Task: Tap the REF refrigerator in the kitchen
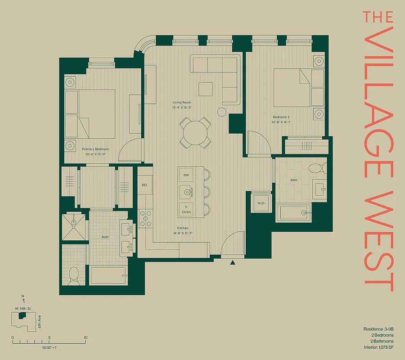(144, 185)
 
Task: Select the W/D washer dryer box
(261, 203)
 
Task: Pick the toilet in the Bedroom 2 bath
(317, 168)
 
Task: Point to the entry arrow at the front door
(233, 262)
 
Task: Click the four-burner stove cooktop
(145, 218)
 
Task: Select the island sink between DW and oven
(186, 192)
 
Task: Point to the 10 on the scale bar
(85, 337)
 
